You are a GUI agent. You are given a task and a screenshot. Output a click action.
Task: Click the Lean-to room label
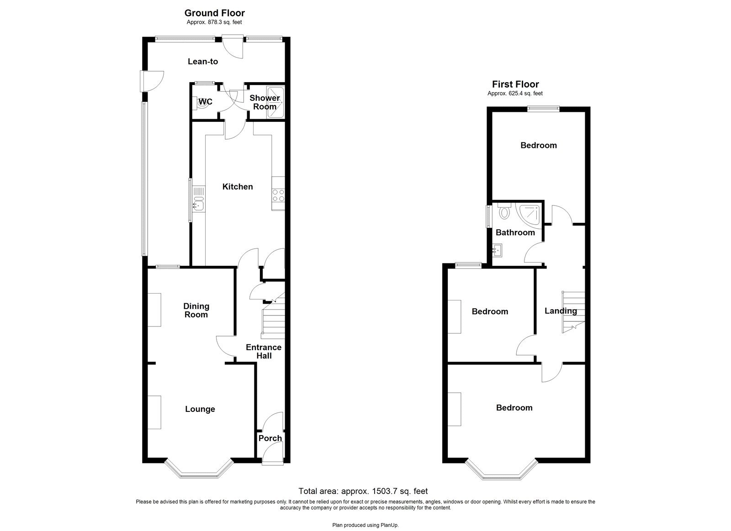point(203,62)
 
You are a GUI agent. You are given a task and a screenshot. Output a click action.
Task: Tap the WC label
point(206,102)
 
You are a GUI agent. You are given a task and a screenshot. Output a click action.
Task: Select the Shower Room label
point(265,102)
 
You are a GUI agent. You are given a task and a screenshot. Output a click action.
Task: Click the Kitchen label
point(237,187)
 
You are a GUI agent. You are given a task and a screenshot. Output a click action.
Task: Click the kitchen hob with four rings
point(278,195)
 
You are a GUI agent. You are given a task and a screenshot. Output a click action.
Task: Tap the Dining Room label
point(196,310)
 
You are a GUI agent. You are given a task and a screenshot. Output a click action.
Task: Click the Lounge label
point(200,409)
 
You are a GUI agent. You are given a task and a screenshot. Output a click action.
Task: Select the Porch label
point(270,438)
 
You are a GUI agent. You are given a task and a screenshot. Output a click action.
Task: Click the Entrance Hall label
point(264,351)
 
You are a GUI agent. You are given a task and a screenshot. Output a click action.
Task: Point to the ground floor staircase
point(273,320)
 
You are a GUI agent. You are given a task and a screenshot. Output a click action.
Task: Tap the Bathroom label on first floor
point(515,232)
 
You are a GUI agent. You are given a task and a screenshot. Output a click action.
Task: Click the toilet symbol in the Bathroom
point(504,212)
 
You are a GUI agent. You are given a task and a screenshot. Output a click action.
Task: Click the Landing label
point(561,311)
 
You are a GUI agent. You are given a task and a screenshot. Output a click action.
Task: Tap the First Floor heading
point(515,84)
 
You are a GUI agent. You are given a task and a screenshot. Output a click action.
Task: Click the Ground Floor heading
point(214,13)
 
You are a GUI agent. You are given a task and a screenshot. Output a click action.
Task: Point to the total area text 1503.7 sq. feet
point(363,491)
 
